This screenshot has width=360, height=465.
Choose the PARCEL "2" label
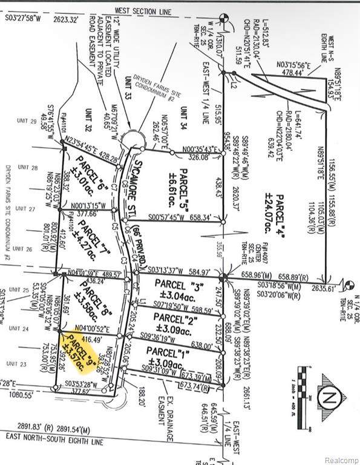pyautogui.click(x=174, y=317)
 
